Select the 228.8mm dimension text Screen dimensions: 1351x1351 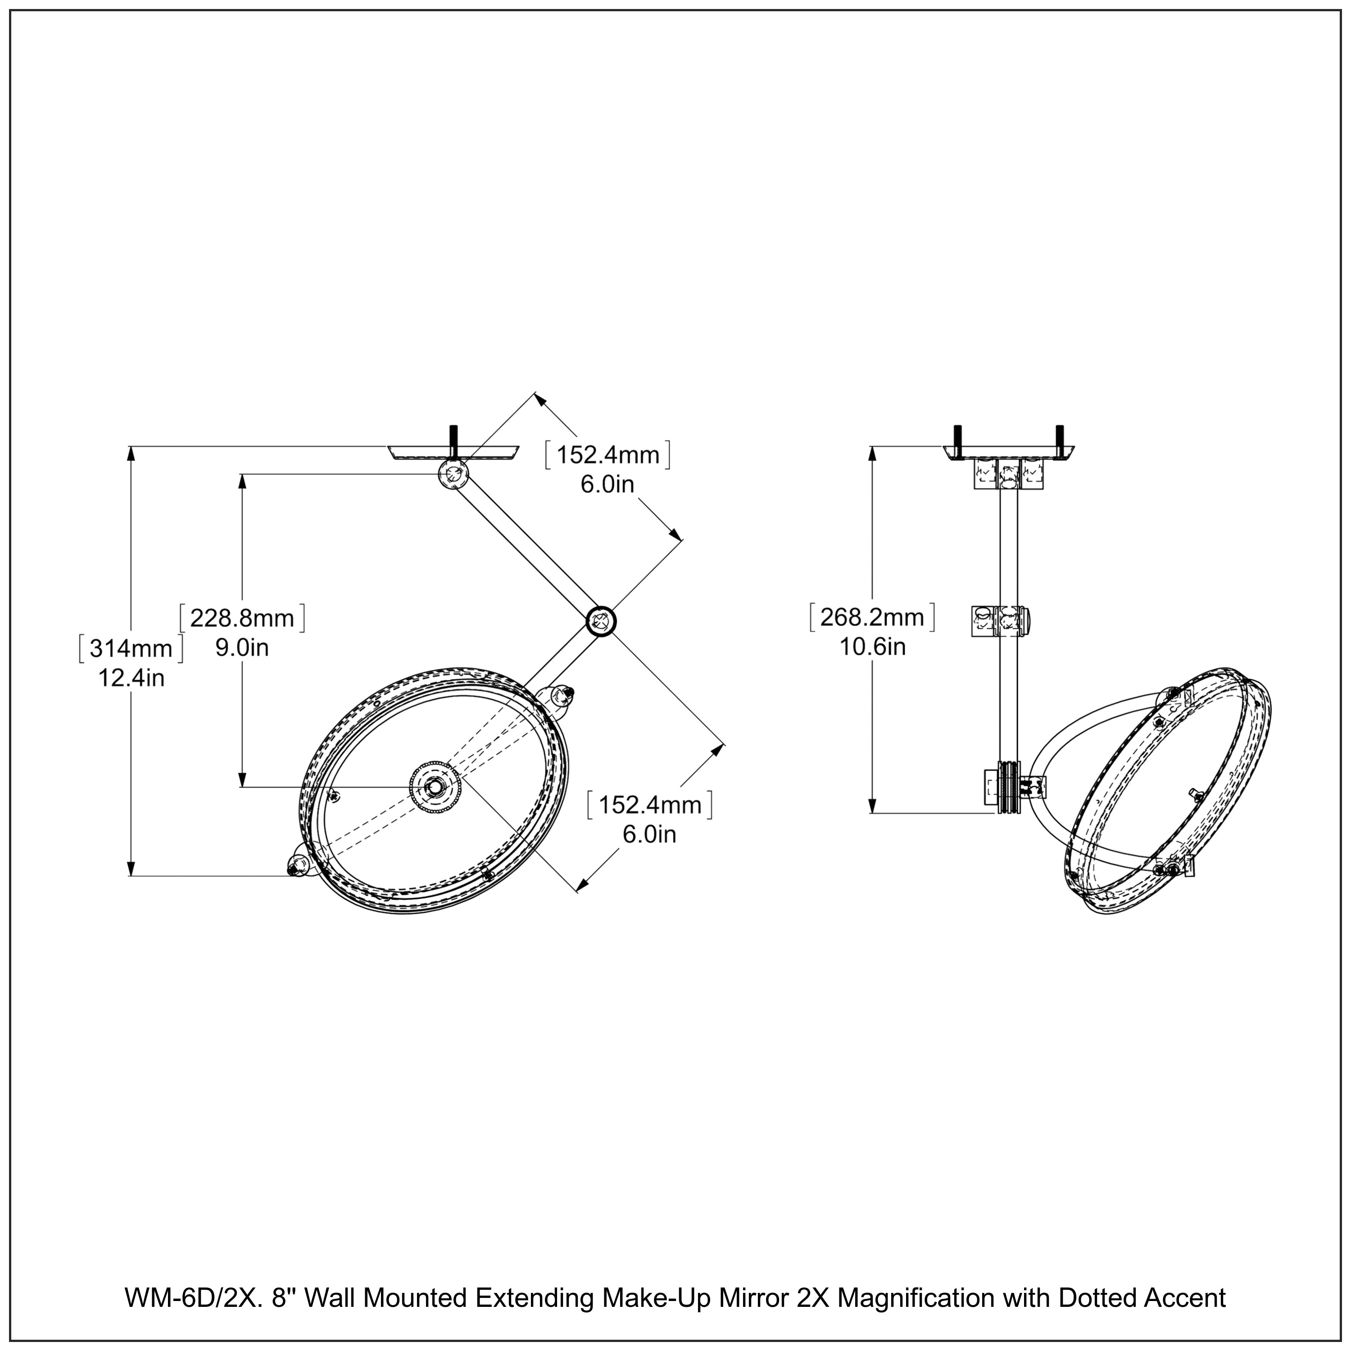coord(242,618)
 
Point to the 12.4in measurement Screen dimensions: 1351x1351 coord(131,678)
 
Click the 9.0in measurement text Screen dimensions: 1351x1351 coord(242,648)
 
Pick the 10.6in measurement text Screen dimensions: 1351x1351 coord(873,647)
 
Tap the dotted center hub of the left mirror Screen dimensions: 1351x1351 coord(435,787)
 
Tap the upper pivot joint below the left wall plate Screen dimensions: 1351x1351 coord(453,475)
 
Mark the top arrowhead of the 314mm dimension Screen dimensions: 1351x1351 coord(131,453)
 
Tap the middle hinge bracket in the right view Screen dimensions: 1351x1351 coord(1002,620)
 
